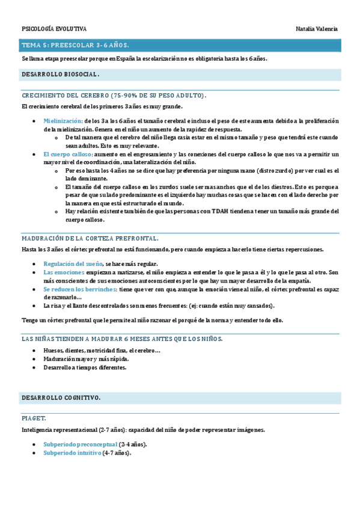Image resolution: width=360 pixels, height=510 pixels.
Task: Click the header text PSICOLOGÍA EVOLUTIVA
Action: point(54,29)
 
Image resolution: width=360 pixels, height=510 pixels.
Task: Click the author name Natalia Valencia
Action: point(317,29)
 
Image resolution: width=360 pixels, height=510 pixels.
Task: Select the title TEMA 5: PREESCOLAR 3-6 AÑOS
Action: point(75,45)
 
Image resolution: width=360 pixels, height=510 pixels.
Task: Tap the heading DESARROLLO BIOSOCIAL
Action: point(60,75)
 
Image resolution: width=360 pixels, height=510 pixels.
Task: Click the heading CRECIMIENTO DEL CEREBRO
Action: point(114,96)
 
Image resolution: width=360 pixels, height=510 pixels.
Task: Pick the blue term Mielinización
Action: point(63,121)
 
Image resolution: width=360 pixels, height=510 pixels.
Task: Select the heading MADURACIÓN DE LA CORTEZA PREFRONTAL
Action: point(90,239)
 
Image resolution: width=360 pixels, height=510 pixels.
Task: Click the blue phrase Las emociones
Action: point(64,272)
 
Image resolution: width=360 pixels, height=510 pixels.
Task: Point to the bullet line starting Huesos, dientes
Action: point(102,351)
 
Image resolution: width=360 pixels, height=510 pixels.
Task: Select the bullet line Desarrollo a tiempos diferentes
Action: point(85,367)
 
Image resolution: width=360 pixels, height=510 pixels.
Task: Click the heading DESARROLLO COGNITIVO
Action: point(61,398)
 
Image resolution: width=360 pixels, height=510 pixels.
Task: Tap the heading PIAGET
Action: point(34,417)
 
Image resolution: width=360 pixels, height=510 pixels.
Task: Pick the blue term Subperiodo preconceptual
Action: point(80,444)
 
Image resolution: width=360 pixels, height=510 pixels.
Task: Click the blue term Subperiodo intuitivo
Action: point(72,453)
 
